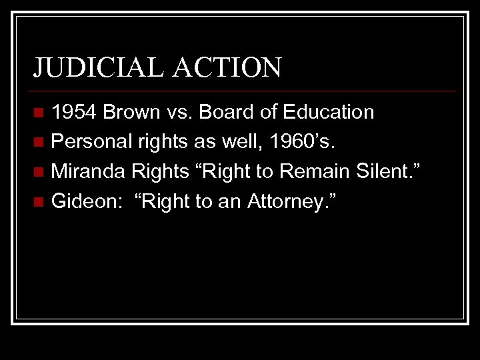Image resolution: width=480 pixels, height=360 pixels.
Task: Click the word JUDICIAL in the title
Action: tap(91, 67)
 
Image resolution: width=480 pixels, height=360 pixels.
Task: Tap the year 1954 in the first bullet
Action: tap(75, 112)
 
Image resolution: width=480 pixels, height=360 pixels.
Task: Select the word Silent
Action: tap(389, 171)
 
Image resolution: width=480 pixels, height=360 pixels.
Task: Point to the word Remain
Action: tap(313, 171)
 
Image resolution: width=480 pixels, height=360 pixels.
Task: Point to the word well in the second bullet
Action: tap(251, 141)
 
